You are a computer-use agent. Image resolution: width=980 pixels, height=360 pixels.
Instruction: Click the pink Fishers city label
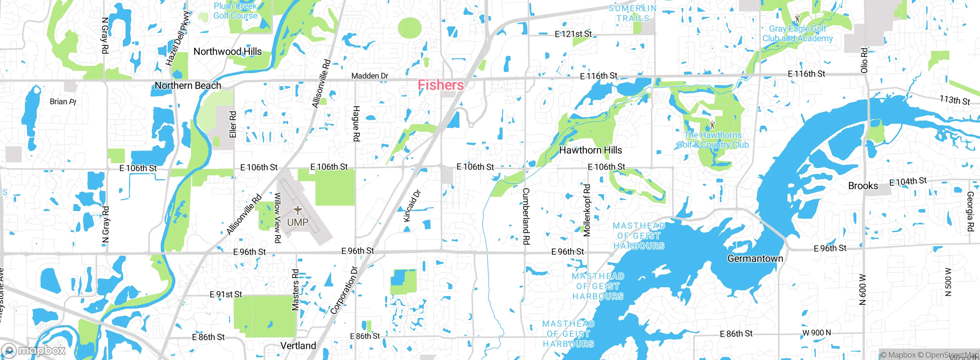[441, 85]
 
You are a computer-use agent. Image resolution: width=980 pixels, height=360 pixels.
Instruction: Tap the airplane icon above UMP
[298, 210]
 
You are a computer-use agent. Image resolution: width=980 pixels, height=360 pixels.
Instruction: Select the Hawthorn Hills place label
[590, 150]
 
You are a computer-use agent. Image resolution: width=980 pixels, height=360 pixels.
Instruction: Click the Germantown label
[755, 259]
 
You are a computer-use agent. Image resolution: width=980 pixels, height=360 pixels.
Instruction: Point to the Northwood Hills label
[227, 51]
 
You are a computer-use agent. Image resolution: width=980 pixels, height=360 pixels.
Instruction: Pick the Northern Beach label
[188, 85]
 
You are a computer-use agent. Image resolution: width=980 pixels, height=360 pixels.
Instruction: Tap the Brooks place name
[863, 186]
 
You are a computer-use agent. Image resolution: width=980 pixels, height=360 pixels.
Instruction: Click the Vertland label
[298, 345]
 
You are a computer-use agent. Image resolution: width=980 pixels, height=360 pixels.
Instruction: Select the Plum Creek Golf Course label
[235, 11]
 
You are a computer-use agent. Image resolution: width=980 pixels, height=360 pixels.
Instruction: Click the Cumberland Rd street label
[526, 216]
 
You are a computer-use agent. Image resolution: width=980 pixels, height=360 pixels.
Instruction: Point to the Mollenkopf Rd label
[587, 210]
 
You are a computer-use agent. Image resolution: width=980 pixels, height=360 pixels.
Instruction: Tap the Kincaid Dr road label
[412, 206]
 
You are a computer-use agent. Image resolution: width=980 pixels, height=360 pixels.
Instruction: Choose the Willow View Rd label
[278, 218]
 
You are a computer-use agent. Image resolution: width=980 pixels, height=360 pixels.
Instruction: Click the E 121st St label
[573, 34]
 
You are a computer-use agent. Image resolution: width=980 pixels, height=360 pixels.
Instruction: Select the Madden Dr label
[370, 76]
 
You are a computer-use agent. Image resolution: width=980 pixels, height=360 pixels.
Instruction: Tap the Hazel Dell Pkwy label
[178, 38]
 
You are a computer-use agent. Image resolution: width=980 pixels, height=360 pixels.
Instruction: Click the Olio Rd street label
[864, 61]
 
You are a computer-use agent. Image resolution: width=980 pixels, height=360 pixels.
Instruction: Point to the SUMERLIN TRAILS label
[632, 13]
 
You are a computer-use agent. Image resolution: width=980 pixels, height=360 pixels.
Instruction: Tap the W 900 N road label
[817, 332]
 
